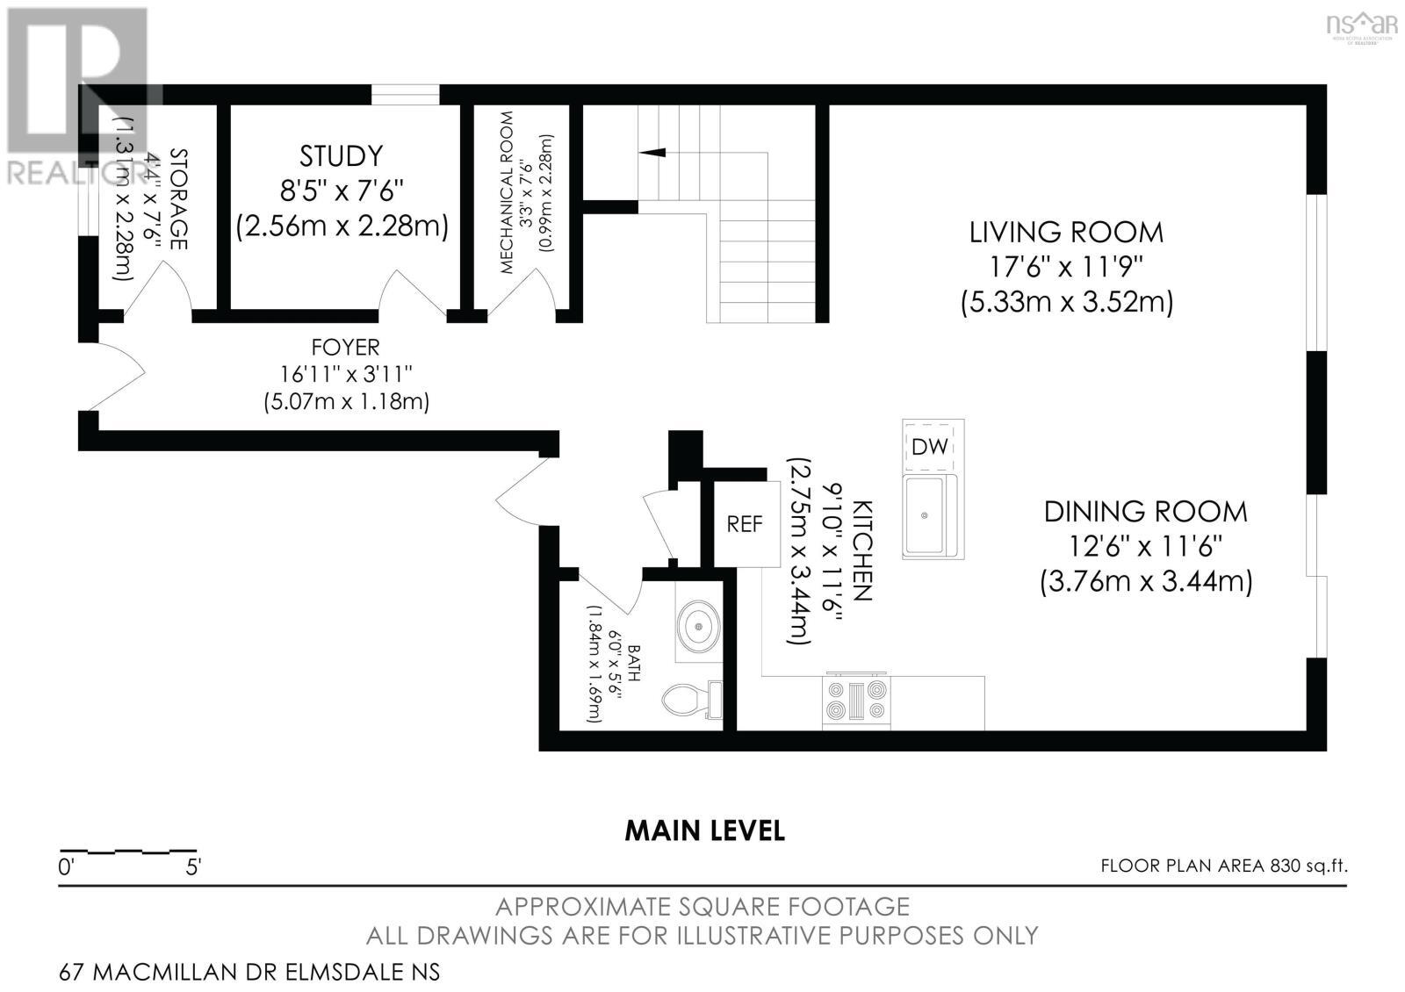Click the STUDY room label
coord(342,156)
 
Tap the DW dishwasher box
coord(930,446)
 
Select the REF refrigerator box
coord(746,524)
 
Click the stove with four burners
coord(856,701)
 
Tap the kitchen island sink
coord(926,516)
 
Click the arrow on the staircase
coord(652,152)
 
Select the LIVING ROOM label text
coord(1066,233)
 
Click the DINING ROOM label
coord(1145,512)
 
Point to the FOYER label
coord(346,348)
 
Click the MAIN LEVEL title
coord(704,830)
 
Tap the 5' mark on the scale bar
coord(193,867)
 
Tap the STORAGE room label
coord(178,199)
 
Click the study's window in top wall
coord(405,95)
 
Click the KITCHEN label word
coord(863,551)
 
